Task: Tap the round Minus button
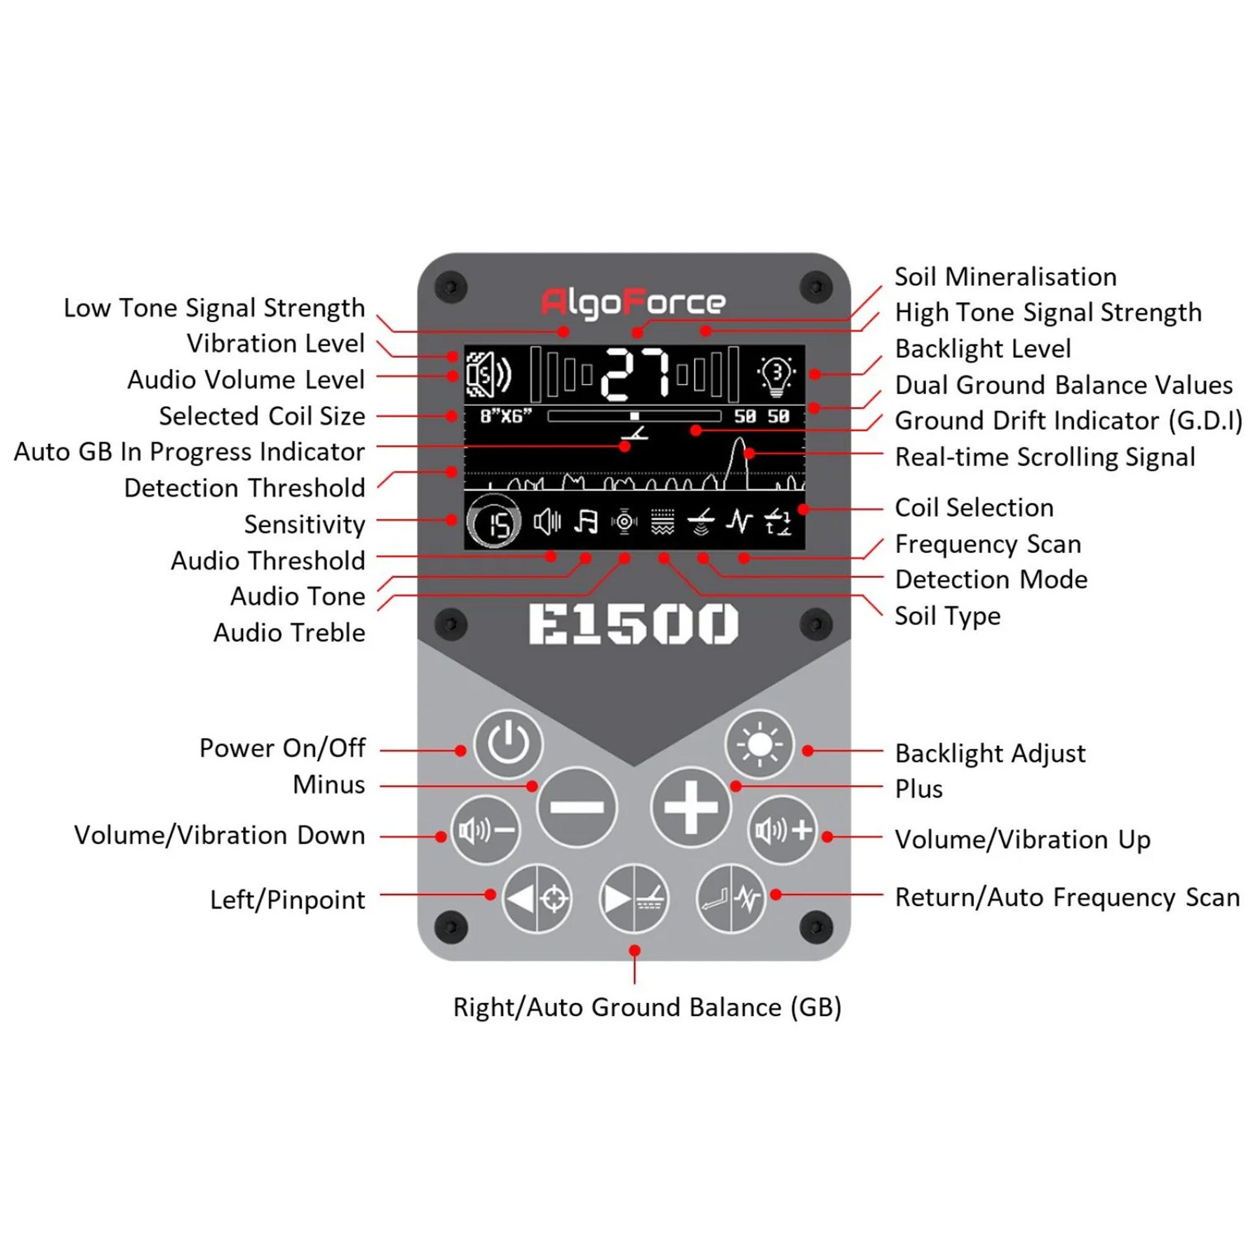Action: tap(576, 808)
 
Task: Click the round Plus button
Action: tap(691, 808)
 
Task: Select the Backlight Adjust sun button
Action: tap(759, 745)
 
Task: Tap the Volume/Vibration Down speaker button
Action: tap(486, 830)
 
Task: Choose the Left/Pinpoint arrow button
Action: tap(537, 899)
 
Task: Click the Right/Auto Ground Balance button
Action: tap(634, 899)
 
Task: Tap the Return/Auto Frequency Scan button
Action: tap(731, 899)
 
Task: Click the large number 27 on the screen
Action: tap(634, 374)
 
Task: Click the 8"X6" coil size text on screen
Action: tap(506, 415)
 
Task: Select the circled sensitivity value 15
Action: tap(494, 522)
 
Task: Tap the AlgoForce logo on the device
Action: tap(633, 303)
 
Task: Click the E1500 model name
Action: tap(634, 624)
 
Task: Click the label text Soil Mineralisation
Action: tap(1006, 277)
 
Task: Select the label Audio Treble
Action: tap(289, 633)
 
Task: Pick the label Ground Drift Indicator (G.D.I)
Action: tap(1069, 421)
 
